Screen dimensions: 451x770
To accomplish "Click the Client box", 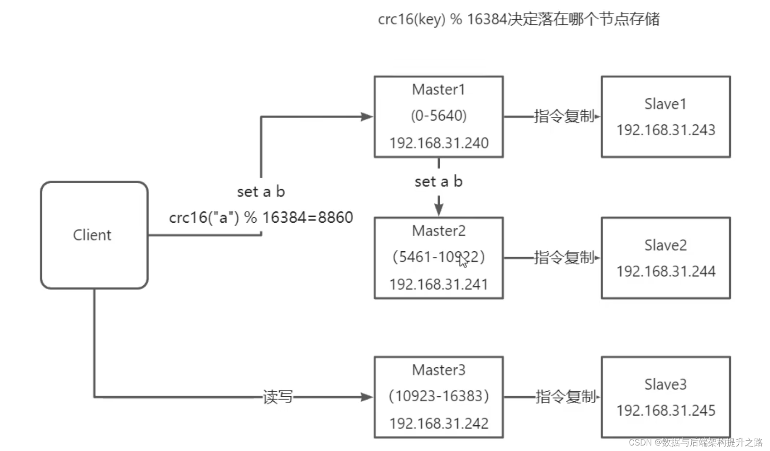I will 94,235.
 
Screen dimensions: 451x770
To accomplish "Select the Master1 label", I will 438,90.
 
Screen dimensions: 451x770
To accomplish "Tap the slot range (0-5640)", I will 438,116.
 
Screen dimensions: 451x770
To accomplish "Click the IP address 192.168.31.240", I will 438,143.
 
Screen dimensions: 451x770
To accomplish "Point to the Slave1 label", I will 665,104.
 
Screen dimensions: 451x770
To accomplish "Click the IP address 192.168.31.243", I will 666,130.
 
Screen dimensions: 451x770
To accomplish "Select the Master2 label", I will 438,231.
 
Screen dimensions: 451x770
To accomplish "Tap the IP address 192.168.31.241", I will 438,284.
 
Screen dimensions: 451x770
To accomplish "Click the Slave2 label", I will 665,246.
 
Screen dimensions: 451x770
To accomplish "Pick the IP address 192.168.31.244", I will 666,272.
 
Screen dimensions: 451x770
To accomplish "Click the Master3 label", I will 438,370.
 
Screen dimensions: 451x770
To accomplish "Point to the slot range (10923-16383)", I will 438,396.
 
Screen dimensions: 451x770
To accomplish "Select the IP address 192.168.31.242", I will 438,423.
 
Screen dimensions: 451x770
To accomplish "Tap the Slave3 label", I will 665,385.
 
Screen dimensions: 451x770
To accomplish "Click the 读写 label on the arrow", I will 277,397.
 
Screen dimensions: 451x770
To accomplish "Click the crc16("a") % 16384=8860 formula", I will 261,218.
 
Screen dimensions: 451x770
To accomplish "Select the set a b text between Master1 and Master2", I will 438,182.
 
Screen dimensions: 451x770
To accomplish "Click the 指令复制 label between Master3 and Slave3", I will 565,397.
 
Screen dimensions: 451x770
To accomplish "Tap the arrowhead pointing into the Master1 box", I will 367,117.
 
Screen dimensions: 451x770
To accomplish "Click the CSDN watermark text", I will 695,443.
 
